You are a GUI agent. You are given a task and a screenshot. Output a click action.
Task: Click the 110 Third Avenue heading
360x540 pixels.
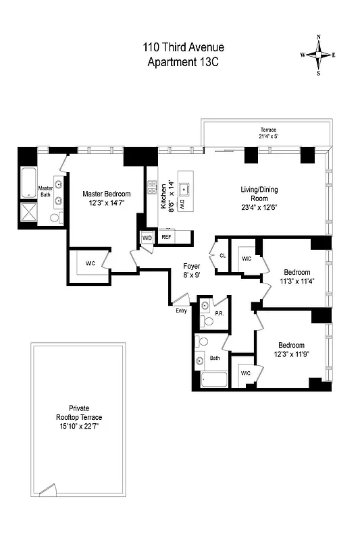tap(183, 47)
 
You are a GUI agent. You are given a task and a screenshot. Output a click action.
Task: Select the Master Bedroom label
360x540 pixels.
tap(107, 194)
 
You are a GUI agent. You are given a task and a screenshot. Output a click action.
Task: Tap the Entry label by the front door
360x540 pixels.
tap(181, 310)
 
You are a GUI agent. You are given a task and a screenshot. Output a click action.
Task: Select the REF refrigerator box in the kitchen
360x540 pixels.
tap(166, 237)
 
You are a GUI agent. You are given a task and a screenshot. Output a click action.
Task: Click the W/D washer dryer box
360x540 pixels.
tap(147, 238)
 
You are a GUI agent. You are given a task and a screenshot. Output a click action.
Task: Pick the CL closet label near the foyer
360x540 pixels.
tap(222, 255)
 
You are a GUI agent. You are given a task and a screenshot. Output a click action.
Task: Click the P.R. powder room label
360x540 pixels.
tap(219, 313)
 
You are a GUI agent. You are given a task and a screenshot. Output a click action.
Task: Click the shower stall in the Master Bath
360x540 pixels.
tap(29, 211)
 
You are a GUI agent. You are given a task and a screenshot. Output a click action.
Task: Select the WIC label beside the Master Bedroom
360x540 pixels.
tap(88, 263)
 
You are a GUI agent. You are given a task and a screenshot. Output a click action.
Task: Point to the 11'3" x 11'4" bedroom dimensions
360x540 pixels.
tap(297, 281)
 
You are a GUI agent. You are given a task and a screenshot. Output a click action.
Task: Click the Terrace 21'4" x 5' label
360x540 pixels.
tap(269, 134)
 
